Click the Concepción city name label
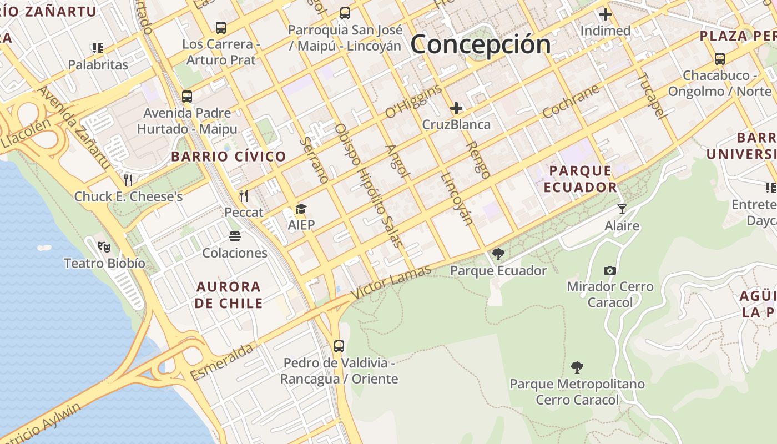481,44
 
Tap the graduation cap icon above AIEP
301,209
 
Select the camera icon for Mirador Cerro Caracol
610,270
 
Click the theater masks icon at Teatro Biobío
104,246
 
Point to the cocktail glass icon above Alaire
622,209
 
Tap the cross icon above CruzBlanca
456,108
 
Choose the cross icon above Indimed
605,14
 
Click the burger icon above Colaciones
234,236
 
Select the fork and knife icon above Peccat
243,195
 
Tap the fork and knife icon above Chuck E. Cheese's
128,180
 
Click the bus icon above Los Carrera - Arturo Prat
220,27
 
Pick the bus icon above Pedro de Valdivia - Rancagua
339,346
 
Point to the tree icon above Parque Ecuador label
498,254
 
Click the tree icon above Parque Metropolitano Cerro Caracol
577,367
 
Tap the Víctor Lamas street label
392,283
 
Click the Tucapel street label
650,95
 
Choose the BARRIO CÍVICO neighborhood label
229,157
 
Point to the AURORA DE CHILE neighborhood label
228,295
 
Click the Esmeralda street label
222,362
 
